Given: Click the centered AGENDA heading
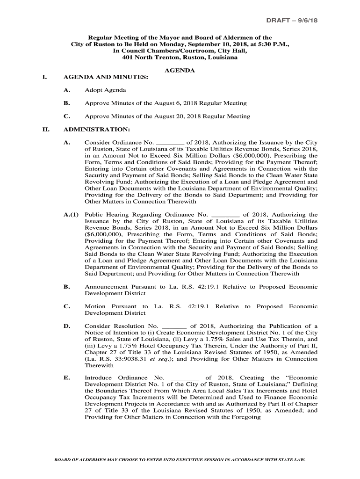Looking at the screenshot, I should [x=180, y=70].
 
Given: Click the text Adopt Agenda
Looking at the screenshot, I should [x=105, y=90].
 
